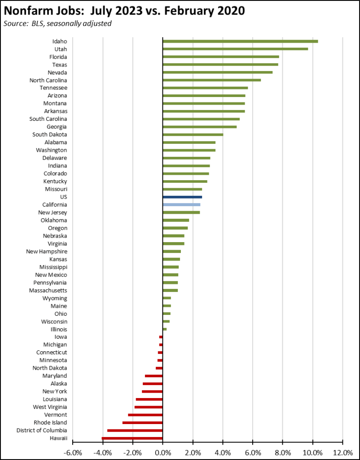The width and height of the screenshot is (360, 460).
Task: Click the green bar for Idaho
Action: pos(240,41)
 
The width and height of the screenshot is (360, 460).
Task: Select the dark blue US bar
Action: pos(182,197)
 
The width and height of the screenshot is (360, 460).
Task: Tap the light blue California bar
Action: pos(181,205)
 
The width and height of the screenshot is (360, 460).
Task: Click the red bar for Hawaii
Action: pos(132,438)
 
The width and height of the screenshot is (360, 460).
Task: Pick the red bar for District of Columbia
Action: pos(135,430)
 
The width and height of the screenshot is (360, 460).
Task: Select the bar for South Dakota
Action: pos(193,135)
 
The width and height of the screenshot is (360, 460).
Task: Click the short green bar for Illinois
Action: pos(164,329)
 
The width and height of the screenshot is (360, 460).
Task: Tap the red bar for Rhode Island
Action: pos(142,423)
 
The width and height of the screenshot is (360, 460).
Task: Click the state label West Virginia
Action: pos(50,407)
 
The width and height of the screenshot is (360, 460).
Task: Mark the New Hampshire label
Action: pos(47,252)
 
